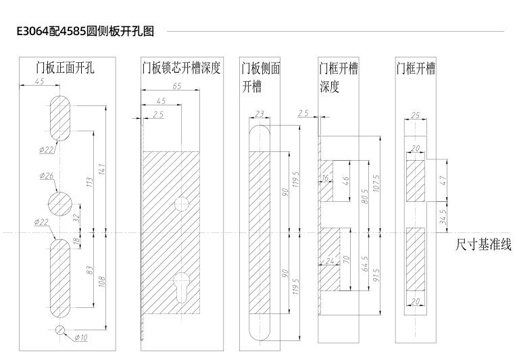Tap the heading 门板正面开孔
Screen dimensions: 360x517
coord(65,68)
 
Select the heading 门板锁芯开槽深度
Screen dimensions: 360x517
coord(181,68)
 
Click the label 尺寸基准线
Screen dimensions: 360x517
coord(484,244)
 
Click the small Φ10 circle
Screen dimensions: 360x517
coord(61,330)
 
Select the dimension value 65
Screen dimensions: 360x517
coord(176,86)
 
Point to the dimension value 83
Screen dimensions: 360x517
coord(90,270)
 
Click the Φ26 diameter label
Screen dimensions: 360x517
coord(47,176)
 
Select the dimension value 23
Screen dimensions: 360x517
coord(260,113)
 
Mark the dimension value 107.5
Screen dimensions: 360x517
coord(378,182)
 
